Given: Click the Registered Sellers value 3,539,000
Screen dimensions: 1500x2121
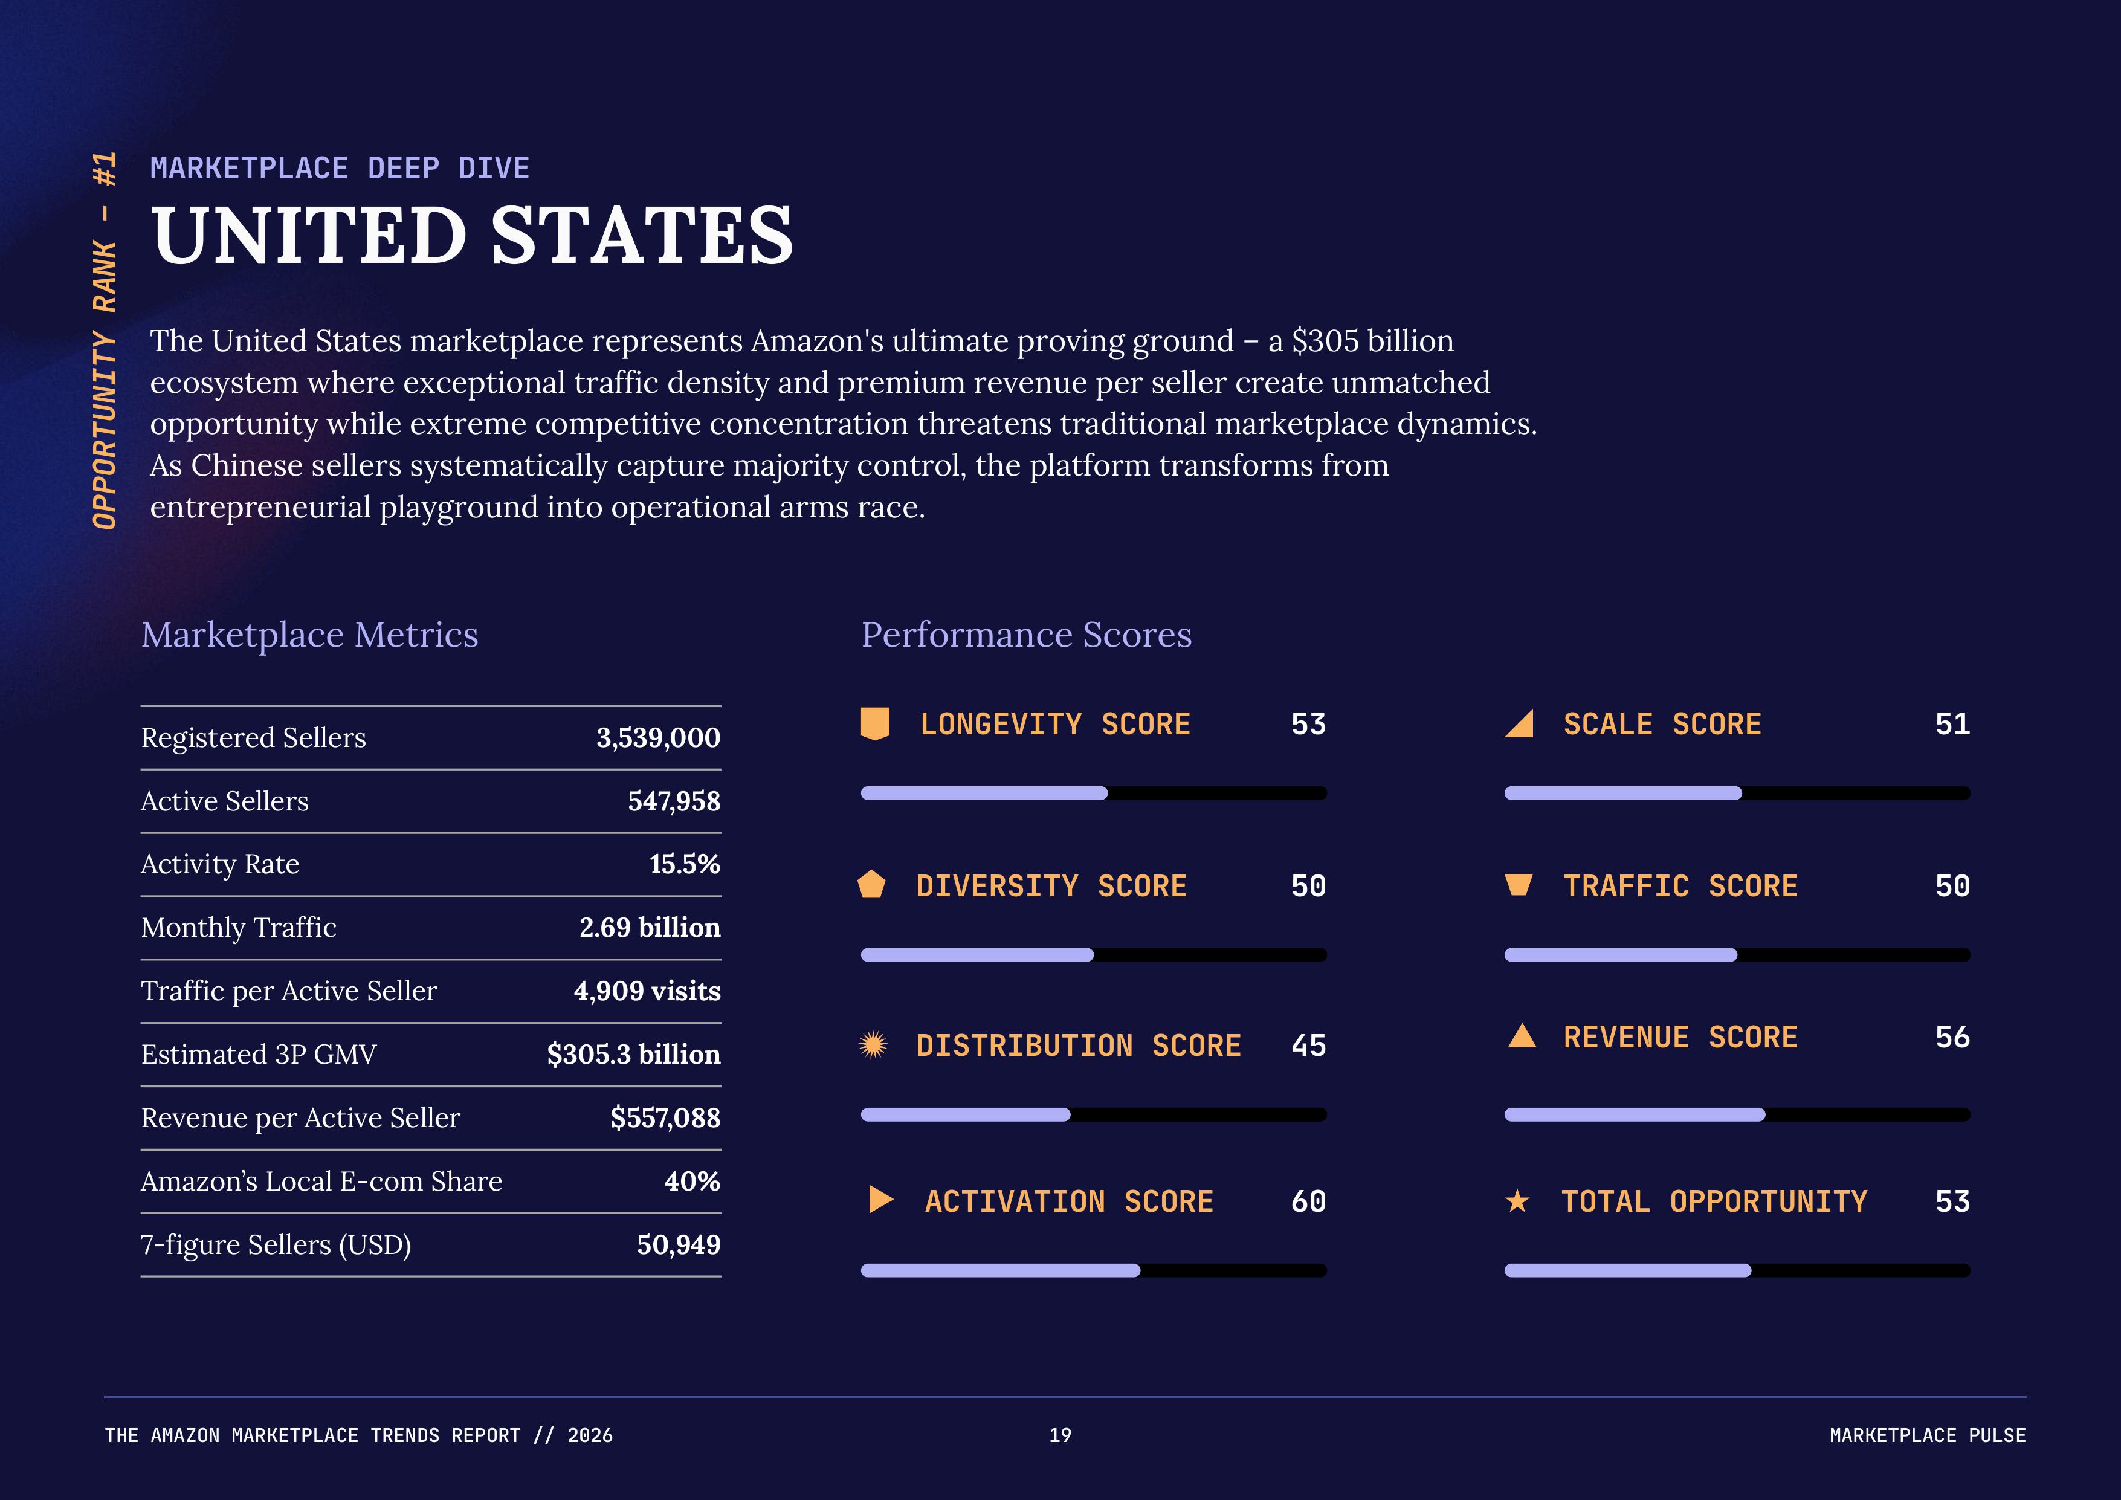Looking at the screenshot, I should coord(657,738).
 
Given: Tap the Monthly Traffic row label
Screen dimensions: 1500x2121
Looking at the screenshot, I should coord(238,927).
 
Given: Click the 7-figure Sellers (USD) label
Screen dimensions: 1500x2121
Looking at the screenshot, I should coord(276,1245).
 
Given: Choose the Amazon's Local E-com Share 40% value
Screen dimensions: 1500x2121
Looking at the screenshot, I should coord(692,1182).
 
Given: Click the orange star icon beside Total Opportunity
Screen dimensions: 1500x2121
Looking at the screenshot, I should coord(1517,1201).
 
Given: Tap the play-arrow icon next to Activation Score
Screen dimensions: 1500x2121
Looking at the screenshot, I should coord(880,1200).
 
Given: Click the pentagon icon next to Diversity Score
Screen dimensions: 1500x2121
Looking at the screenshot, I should coord(871,885).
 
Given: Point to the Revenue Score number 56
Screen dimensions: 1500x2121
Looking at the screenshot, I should coord(1952,1037).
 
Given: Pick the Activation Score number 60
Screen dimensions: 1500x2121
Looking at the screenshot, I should coord(1308,1201).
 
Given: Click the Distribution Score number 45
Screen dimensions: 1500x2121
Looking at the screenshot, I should coord(1308,1046).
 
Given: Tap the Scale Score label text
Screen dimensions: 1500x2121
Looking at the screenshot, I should coord(1662,724).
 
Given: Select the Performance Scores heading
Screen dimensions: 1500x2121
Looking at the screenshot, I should coord(1025,635).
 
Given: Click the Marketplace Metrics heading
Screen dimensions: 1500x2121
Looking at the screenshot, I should coord(309,635).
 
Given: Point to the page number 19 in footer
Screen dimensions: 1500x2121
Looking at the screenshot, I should coord(1059,1435).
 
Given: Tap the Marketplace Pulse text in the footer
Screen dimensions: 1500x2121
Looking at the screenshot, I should coord(1927,1435).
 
